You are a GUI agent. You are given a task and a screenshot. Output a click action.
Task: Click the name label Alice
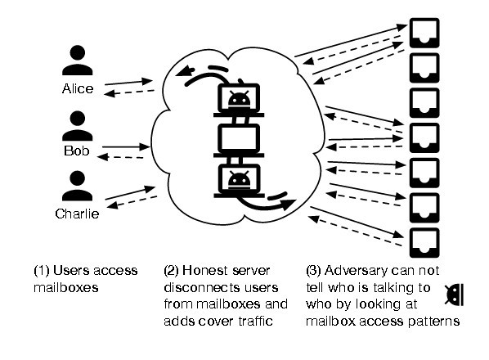pos(78,89)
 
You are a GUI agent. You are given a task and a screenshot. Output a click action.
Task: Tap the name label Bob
pos(77,151)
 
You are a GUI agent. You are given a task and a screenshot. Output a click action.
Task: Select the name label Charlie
pos(77,214)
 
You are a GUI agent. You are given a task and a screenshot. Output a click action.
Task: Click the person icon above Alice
pos(78,61)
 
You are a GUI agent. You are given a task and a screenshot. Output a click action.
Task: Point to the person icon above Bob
pos(78,126)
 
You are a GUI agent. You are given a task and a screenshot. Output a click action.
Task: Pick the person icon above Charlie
pos(78,186)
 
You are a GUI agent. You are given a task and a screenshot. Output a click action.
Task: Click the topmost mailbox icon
pos(424,33)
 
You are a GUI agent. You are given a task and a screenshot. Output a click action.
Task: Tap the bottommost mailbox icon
pos(424,243)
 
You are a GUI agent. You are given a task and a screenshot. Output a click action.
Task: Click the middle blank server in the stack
pos(239,140)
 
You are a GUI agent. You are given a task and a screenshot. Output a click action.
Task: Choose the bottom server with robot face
pos(239,181)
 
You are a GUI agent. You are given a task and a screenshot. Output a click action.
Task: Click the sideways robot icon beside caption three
pos(455,295)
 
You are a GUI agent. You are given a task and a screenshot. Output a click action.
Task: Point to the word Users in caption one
pos(71,270)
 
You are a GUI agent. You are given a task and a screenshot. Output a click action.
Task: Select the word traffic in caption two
pos(256,321)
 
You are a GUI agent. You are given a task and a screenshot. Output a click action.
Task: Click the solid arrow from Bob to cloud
pos(126,146)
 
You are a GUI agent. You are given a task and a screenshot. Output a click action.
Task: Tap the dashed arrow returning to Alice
pos(129,92)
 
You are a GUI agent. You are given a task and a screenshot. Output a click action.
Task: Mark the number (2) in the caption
pos(171,271)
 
